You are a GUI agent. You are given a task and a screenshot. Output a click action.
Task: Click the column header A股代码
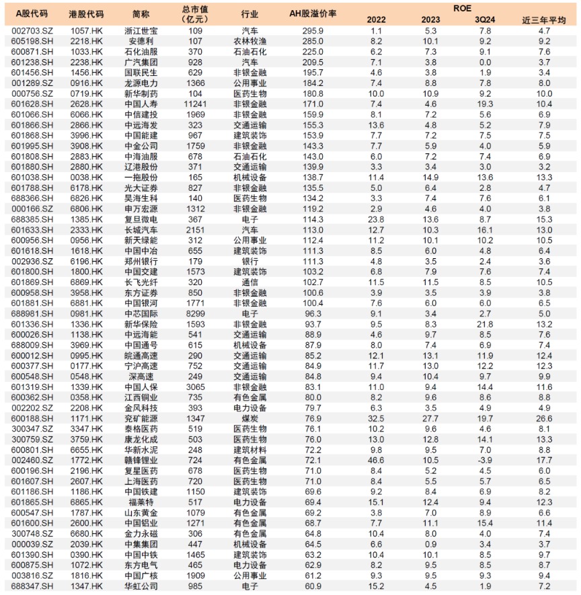pos(28,13)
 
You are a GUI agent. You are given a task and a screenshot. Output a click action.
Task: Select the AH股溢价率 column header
pos(313,13)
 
